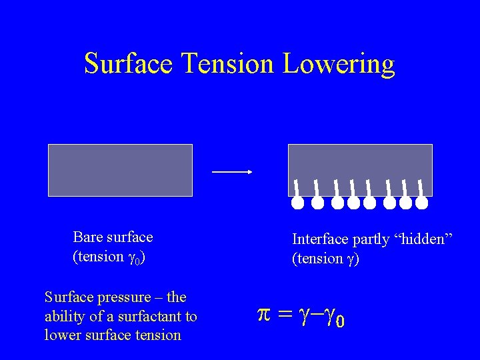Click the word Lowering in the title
point(339,65)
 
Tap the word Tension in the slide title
point(228,63)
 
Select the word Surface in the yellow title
point(129,63)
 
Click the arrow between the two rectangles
point(231,172)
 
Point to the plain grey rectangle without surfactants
point(120,170)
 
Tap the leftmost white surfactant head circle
point(297,202)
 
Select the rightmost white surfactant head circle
point(421,202)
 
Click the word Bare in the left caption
point(87,237)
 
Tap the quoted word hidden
point(426,239)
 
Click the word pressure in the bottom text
point(127,297)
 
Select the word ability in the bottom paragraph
point(63,316)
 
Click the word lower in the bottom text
point(61,335)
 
